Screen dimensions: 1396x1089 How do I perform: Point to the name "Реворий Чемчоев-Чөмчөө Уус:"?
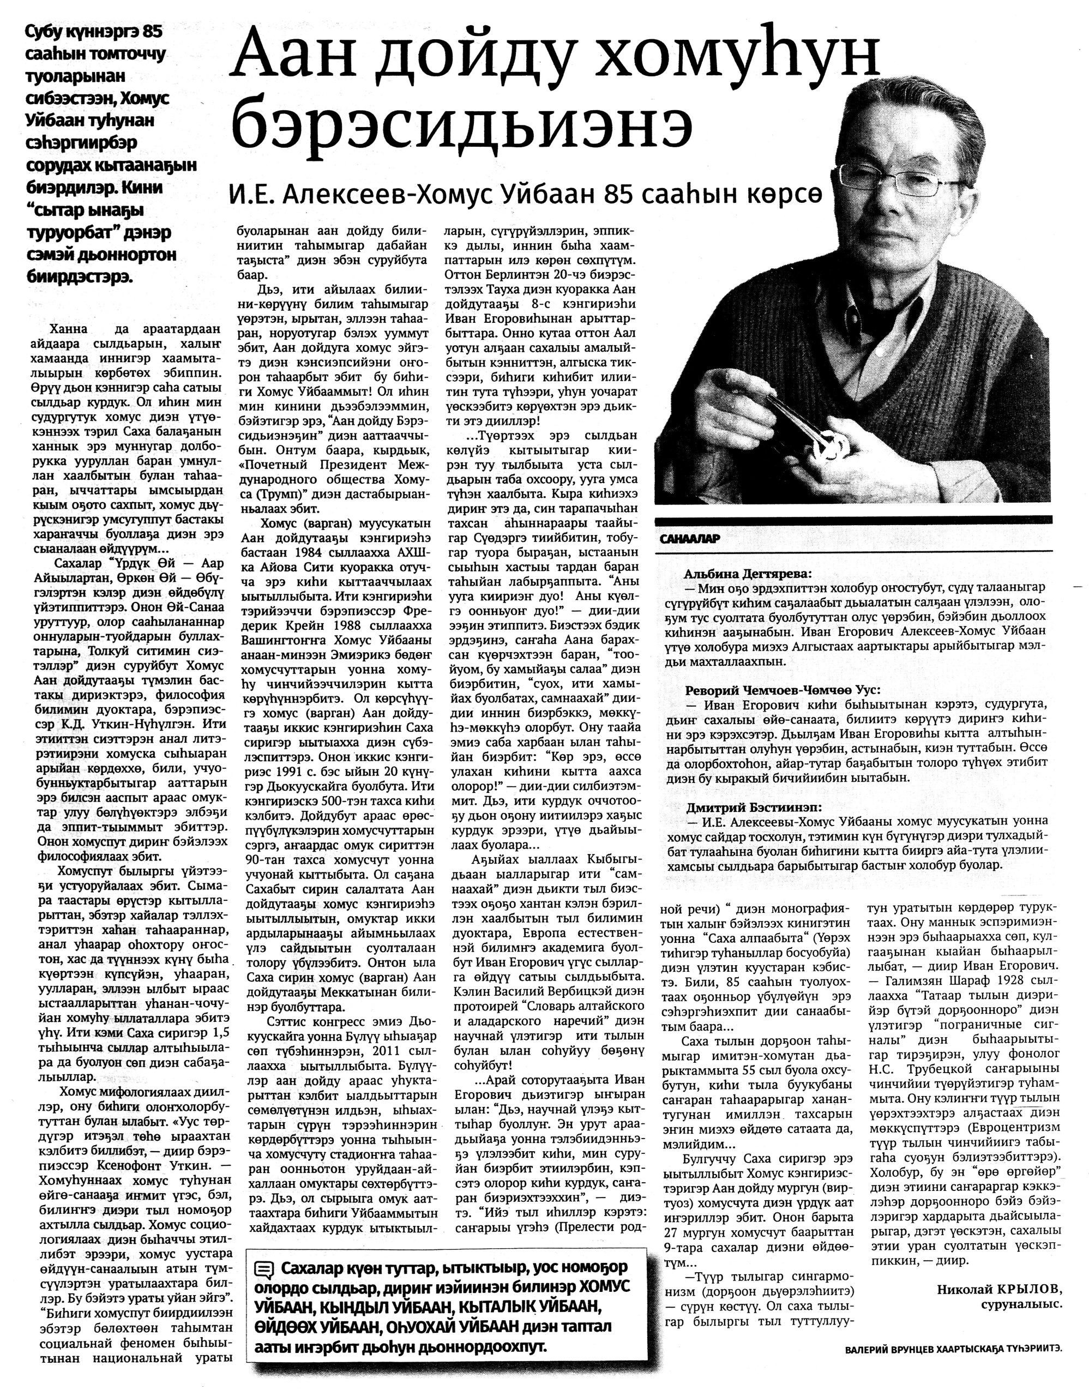pos(783,690)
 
